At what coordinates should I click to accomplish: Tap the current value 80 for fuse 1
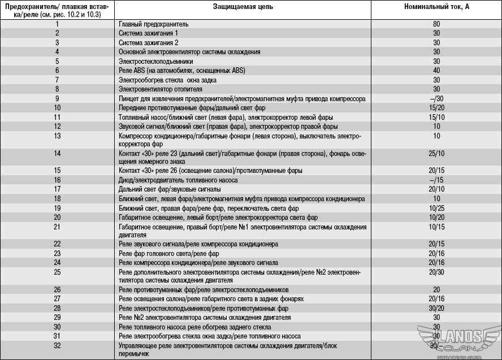pyautogui.click(x=436, y=25)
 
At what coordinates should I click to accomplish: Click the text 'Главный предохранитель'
pyautogui.click(x=154, y=25)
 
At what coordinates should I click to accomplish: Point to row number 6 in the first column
pyautogui.click(x=57, y=71)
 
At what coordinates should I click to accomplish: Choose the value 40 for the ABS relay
pyautogui.click(x=436, y=71)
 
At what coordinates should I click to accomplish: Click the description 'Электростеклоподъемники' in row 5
pyautogui.click(x=156, y=61)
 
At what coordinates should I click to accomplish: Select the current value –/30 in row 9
pyautogui.click(x=436, y=98)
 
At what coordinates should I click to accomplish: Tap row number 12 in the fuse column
pyautogui.click(x=57, y=126)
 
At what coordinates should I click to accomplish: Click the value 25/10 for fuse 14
pyautogui.click(x=436, y=153)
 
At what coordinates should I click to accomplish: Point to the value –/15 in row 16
pyautogui.click(x=436, y=180)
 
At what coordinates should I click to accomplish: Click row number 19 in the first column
pyautogui.click(x=57, y=208)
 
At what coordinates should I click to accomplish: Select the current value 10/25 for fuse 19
pyautogui.click(x=436, y=208)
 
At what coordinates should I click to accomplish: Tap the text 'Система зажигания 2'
pyautogui.click(x=149, y=43)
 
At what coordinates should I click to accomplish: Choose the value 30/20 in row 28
pyautogui.click(x=436, y=309)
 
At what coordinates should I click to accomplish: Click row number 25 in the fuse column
pyautogui.click(x=57, y=272)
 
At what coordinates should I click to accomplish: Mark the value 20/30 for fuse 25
pyautogui.click(x=436, y=272)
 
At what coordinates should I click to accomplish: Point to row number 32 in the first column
pyautogui.click(x=57, y=345)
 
